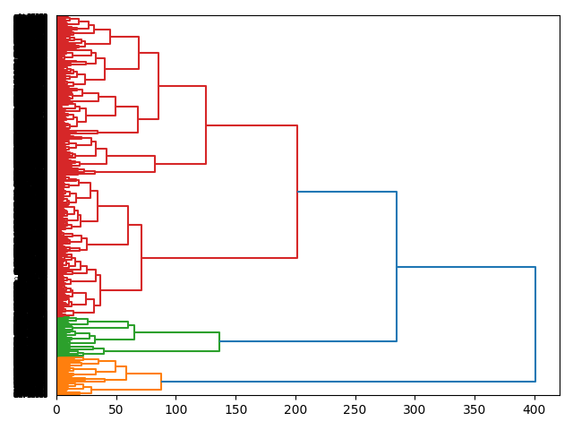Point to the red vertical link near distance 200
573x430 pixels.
[297, 192]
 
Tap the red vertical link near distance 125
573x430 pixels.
[206, 125]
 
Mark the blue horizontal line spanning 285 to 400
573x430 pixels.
[466, 267]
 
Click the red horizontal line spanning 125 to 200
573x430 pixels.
[252, 125]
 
